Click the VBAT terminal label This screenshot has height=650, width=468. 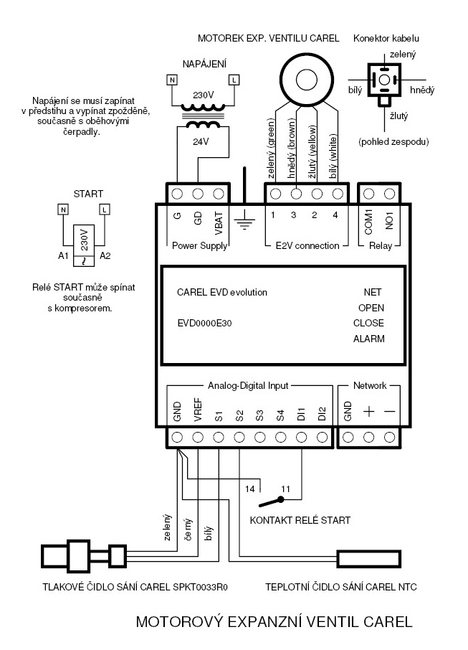tap(219, 224)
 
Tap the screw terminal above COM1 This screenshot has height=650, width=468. tap(368, 194)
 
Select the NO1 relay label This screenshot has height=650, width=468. tap(389, 220)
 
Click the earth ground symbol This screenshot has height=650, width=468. tap(244, 219)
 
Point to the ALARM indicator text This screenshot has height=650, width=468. tap(368, 339)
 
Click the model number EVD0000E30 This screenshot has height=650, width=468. tap(204, 323)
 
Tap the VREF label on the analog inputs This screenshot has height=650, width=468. tap(198, 410)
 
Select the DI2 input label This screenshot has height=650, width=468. tap(323, 414)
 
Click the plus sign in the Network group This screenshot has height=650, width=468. tap(368, 411)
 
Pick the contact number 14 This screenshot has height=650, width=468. tap(249, 489)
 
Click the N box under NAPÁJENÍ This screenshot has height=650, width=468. tap(172, 80)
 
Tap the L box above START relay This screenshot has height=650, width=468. tap(105, 209)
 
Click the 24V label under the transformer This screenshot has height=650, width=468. tap(201, 142)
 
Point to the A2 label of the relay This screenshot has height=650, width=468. tap(105, 256)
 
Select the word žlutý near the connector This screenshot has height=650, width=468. tap(398, 116)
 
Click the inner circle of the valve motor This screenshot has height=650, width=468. tap(307, 80)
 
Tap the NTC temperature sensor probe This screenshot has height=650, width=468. tap(369, 559)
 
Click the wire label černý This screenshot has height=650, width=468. tap(188, 529)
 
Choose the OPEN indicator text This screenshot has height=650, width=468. tap(371, 308)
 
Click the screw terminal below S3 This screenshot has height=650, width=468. tap(260, 437)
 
